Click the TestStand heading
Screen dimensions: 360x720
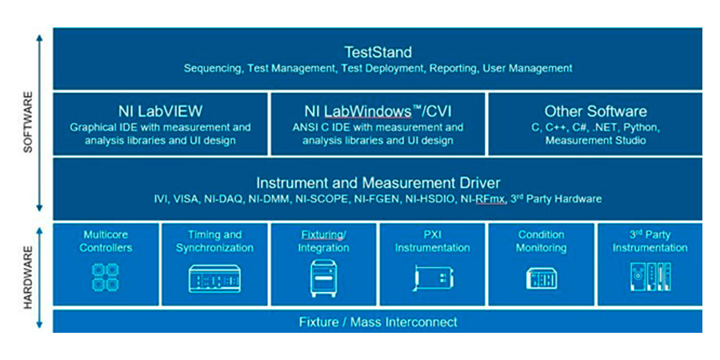378,53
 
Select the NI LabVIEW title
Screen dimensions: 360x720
160,111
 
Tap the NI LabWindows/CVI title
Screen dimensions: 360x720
378,111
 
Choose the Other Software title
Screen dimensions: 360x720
595,111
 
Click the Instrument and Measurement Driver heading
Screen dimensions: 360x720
378,182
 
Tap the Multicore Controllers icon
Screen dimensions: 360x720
106,277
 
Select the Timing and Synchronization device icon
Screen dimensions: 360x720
214,278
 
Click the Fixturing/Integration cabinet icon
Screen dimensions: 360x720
324,278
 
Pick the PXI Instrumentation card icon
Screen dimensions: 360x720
432,278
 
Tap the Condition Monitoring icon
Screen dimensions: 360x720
541,278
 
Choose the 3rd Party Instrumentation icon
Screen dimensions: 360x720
649,277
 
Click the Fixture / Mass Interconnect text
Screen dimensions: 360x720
378,322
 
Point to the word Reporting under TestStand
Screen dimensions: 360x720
453,69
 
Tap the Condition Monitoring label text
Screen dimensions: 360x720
541,241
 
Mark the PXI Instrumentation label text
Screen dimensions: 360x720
432,241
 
